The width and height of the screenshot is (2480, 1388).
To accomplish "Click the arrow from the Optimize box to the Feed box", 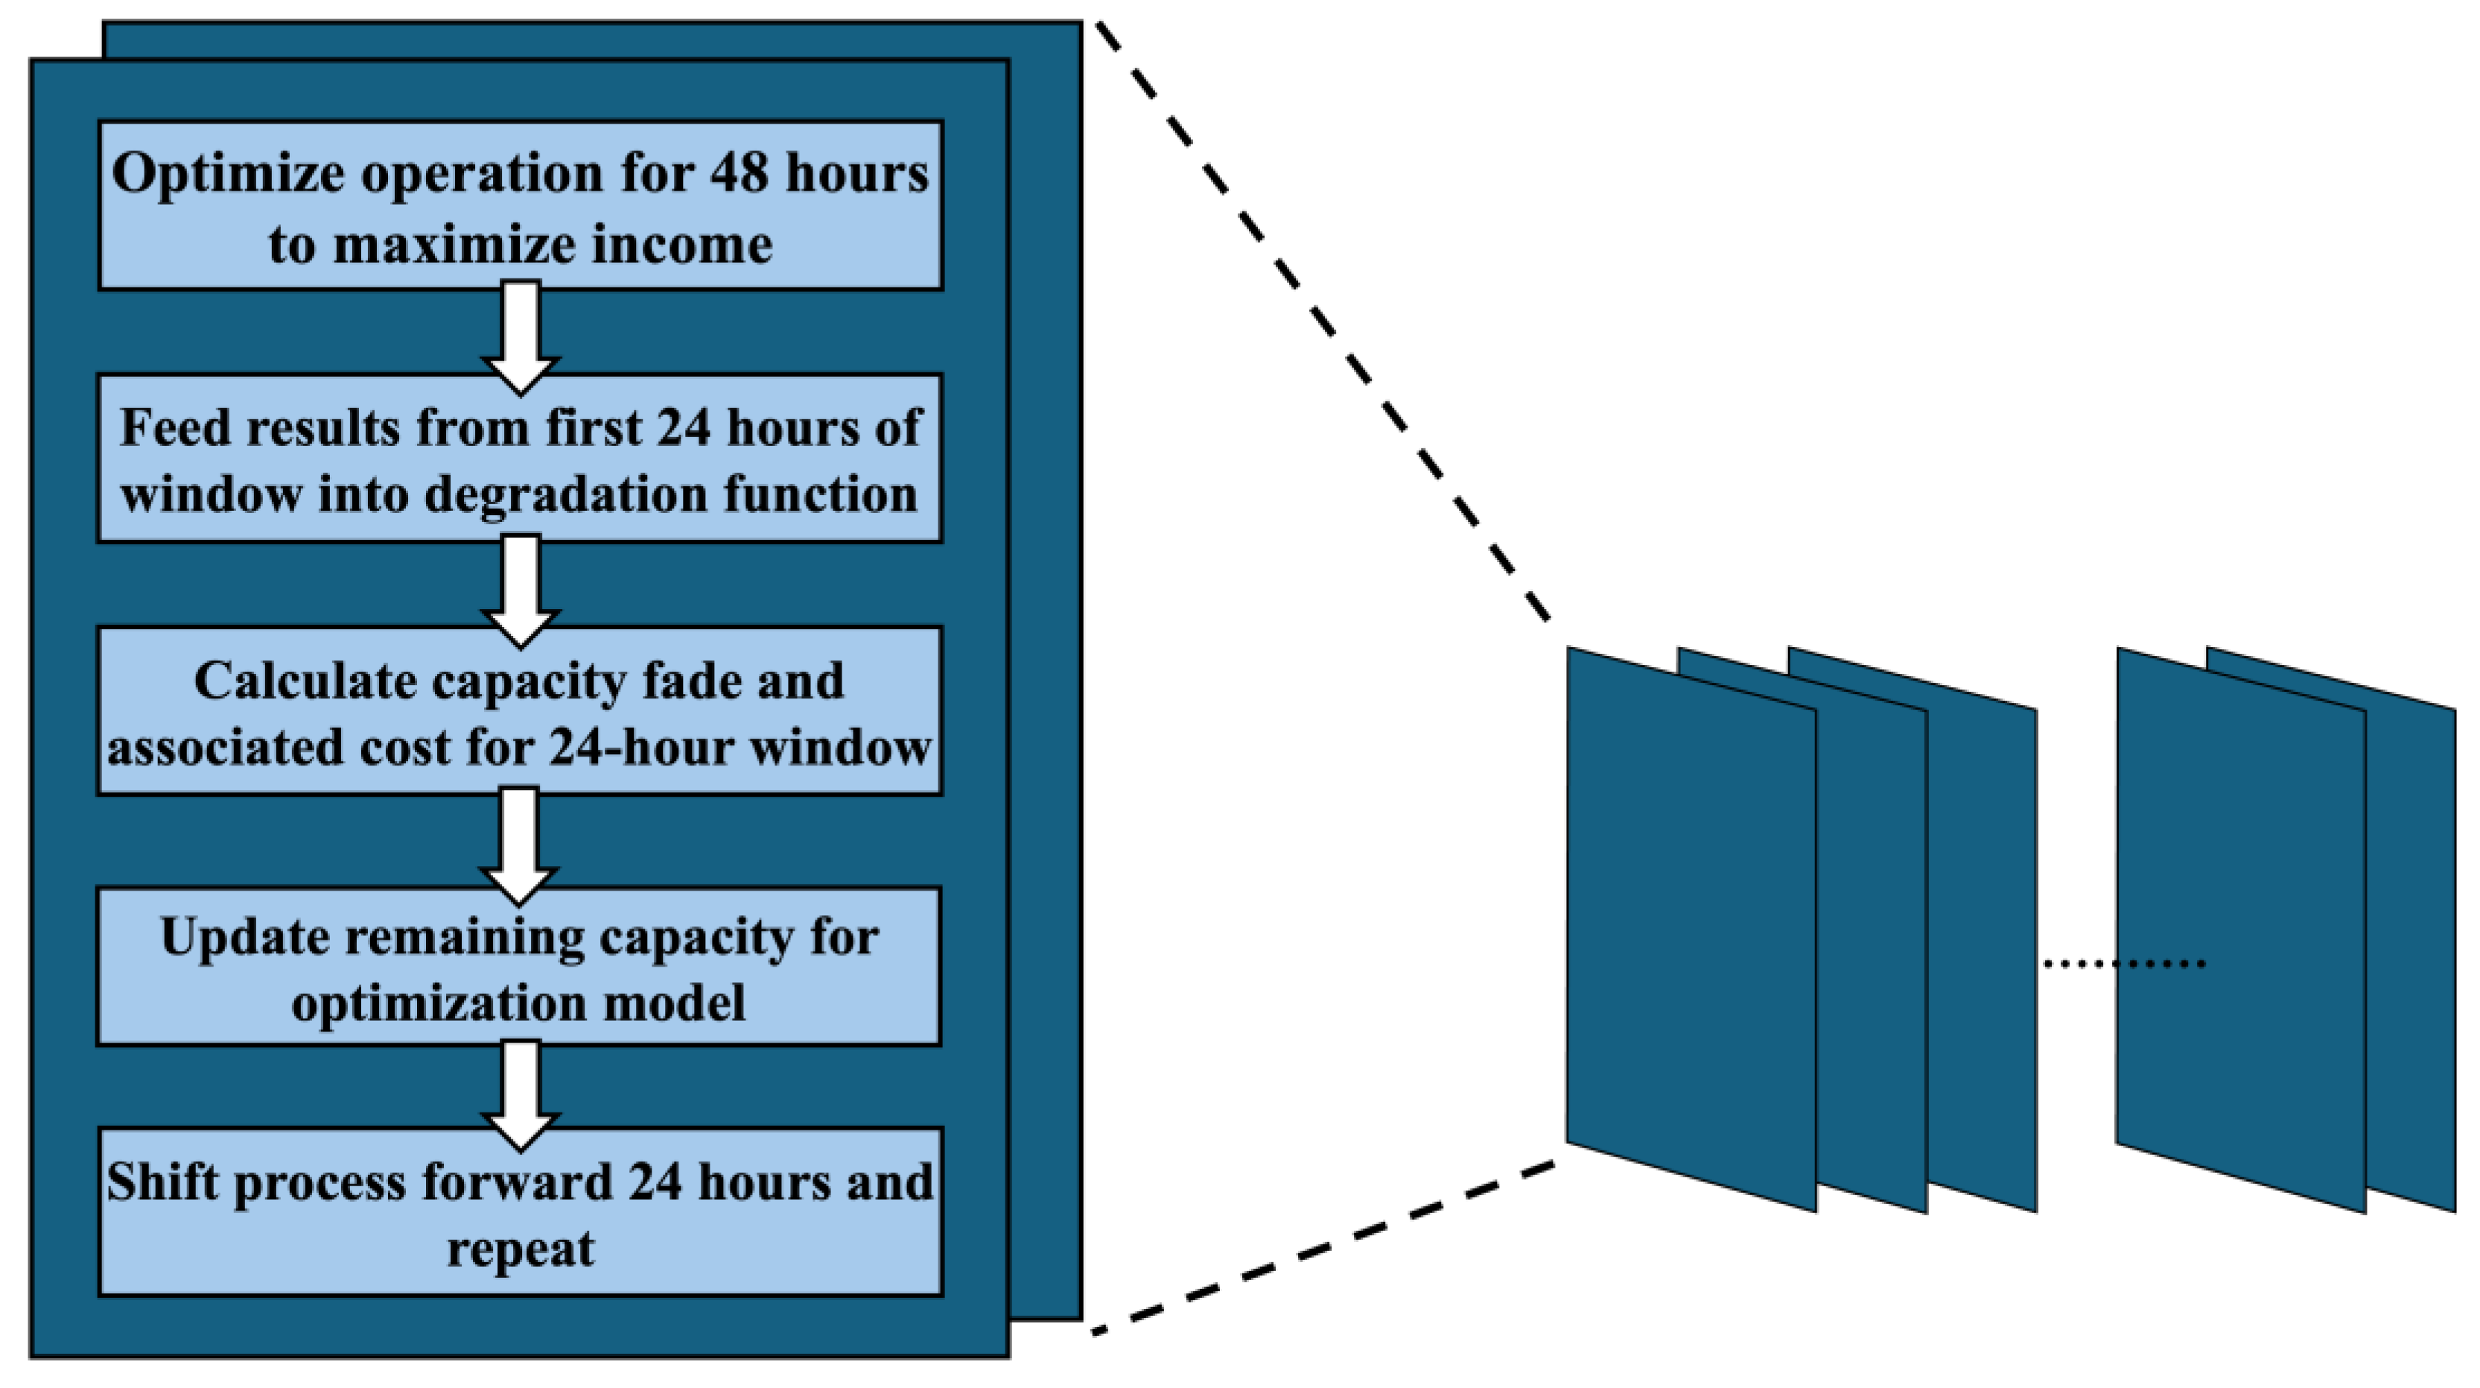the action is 521,336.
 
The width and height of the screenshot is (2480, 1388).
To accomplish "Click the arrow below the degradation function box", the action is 521,589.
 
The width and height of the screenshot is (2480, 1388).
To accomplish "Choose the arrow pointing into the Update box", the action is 520,845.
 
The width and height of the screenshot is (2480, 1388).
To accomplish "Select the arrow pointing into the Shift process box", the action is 521,1095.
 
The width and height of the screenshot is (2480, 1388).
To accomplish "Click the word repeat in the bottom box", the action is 521,1249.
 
